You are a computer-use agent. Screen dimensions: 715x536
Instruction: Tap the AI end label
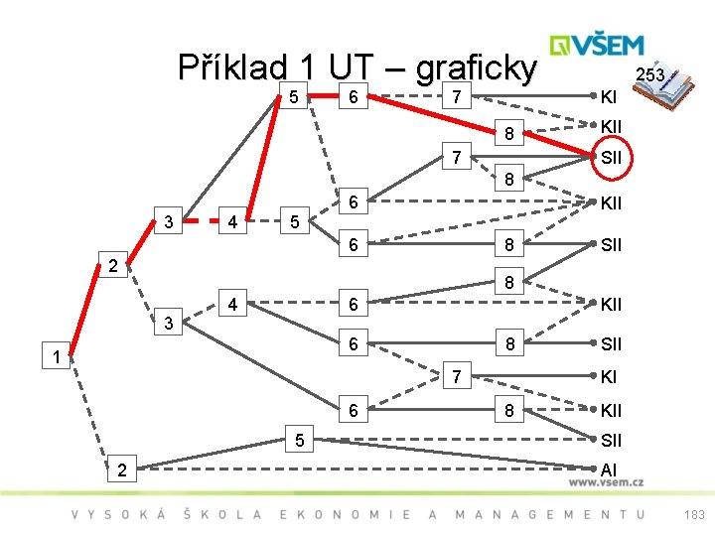click(x=610, y=469)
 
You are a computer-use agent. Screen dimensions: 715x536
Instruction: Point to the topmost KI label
click(x=610, y=97)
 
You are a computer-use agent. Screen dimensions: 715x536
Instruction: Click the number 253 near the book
click(x=649, y=75)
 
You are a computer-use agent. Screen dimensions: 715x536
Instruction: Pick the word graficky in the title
click(x=476, y=67)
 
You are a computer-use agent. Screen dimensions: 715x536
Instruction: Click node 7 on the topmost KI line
click(x=455, y=97)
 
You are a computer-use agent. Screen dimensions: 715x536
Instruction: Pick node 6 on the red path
click(x=349, y=97)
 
